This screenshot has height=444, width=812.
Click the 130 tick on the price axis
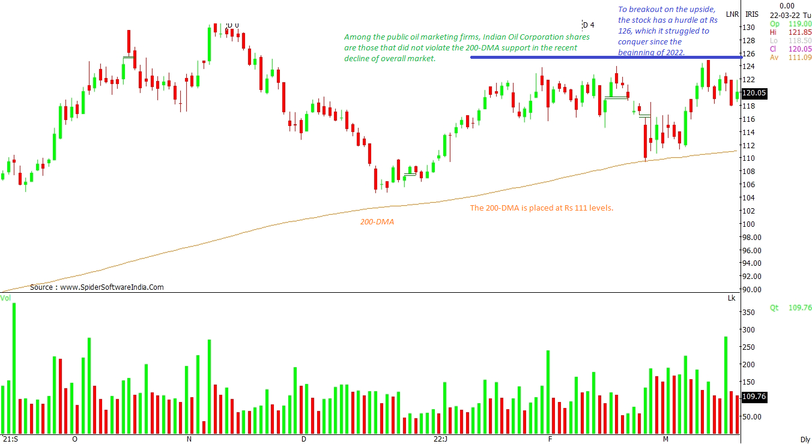pos(748,28)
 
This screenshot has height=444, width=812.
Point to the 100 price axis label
pos(748,224)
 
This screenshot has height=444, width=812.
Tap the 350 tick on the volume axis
pos(748,313)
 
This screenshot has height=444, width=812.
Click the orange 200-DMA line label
pos(377,222)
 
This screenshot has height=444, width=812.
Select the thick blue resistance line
pos(601,57)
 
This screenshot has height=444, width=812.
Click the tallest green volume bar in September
pos(14,367)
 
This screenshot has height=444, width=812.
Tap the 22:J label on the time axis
pos(440,439)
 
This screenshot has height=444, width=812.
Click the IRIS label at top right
pos(752,14)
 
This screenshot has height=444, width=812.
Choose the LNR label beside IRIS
pos(732,14)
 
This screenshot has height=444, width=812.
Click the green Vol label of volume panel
pos(5,298)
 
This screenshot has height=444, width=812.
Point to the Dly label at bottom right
pos(805,439)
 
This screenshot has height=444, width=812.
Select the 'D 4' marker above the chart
pos(588,25)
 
